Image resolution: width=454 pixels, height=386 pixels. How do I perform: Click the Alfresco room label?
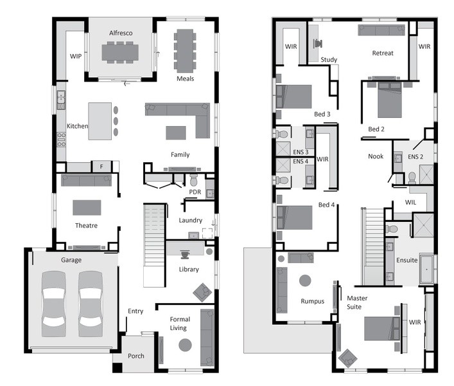[x=121, y=33]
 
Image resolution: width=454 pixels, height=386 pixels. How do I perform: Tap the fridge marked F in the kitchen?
[x=101, y=167]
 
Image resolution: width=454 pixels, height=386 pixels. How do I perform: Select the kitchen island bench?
[x=100, y=121]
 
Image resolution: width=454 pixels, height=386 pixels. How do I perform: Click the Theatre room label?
[x=86, y=225]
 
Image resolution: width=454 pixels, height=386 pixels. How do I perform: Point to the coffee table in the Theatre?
[x=87, y=207]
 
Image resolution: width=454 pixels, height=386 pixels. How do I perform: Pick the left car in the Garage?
[x=53, y=304]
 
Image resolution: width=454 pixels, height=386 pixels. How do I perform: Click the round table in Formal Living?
[x=185, y=345]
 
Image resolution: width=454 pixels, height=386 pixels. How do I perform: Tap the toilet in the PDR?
[x=193, y=180]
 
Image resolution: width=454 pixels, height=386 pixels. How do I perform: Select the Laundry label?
[x=190, y=220]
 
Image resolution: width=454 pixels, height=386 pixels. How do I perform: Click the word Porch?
[x=135, y=356]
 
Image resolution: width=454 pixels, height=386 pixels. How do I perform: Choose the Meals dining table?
[x=185, y=51]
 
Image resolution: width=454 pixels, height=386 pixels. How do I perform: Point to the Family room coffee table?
[x=176, y=133]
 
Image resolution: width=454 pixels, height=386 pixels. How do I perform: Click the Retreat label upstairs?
[x=383, y=53]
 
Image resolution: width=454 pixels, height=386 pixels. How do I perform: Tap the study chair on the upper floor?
[x=318, y=44]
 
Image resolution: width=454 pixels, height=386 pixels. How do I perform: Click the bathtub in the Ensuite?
[x=426, y=269]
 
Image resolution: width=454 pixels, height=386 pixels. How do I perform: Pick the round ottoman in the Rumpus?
[x=305, y=280]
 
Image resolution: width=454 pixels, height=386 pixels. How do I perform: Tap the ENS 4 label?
[x=301, y=161]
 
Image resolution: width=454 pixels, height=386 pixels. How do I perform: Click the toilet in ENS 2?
[x=412, y=178]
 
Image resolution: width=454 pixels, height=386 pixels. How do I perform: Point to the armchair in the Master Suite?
[x=347, y=358]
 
